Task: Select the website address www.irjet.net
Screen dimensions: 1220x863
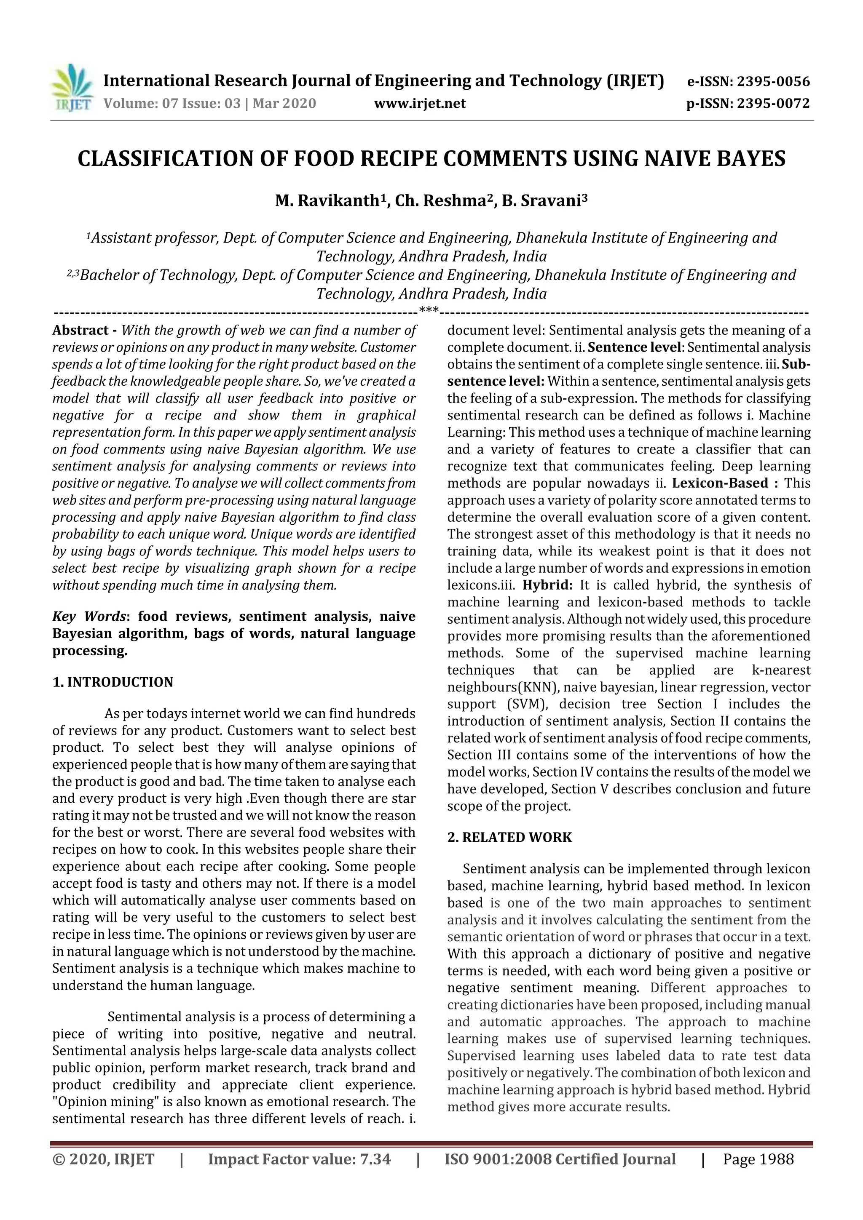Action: pos(420,104)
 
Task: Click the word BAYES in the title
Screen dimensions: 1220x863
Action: pos(747,159)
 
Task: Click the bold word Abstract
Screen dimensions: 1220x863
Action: pos(80,331)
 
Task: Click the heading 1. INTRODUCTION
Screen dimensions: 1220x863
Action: pos(113,682)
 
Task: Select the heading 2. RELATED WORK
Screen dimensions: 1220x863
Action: pos(509,838)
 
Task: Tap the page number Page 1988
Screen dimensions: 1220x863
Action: pos(758,1159)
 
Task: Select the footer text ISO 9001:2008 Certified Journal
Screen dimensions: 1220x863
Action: pos(560,1159)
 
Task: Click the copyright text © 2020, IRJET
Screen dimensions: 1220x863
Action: pos(103,1159)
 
